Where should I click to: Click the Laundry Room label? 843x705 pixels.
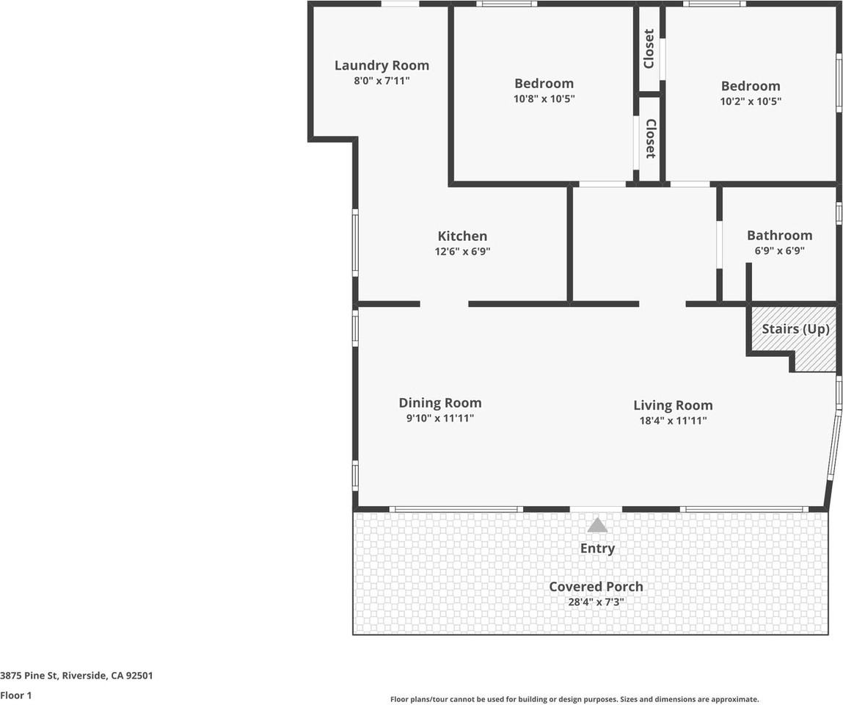[382, 65]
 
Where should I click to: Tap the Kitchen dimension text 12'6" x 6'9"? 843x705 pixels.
[462, 251]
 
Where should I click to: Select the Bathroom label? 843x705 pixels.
[780, 235]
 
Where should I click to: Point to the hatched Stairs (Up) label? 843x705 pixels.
[796, 329]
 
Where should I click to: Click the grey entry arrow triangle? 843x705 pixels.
[597, 525]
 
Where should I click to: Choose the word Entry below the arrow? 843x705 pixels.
[597, 549]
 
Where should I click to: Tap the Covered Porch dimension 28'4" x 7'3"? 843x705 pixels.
[596, 602]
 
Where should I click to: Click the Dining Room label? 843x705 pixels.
[439, 403]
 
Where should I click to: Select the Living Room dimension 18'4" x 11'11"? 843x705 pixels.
[673, 421]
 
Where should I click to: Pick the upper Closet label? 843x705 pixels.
[649, 49]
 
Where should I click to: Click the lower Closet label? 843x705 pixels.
[650, 138]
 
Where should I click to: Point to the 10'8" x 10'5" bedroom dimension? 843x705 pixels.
[544, 99]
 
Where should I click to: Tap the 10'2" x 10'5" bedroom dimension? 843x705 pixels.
[751, 101]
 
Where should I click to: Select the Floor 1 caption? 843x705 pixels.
[16, 695]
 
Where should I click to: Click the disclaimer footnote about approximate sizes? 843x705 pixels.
[574, 699]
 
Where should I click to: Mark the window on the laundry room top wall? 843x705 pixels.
[400, 4]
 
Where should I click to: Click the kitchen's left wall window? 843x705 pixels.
[355, 243]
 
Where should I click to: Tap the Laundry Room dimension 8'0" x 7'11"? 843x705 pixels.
[382, 82]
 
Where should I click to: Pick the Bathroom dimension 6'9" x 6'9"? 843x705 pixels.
[780, 250]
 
